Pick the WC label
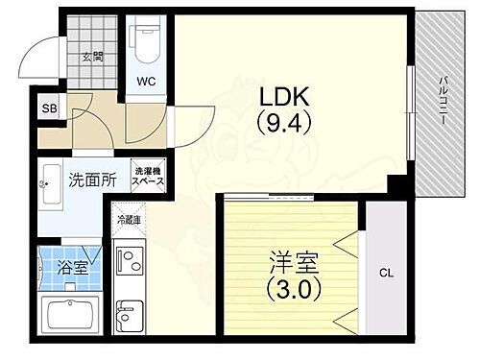147,82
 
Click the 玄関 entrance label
93,57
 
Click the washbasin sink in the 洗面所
51,188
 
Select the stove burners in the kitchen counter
128,262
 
